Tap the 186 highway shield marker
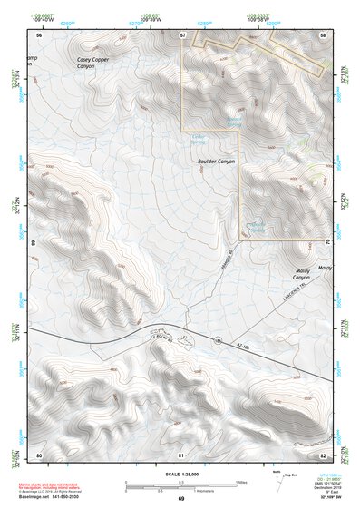(218, 341)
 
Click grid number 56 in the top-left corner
(39, 34)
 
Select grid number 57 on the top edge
(182, 34)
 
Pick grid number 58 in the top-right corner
(324, 34)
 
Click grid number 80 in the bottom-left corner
(39, 454)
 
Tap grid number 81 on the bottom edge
(181, 454)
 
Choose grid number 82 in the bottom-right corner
(324, 454)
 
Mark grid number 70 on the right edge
(326, 243)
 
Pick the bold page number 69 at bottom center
(180, 499)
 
